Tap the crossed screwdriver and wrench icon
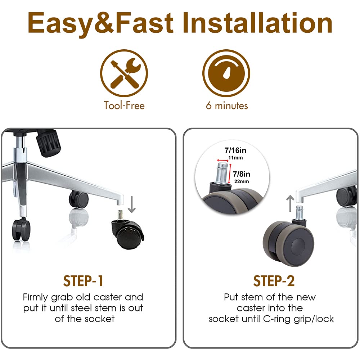click(x=124, y=73)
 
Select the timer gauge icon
click(x=226, y=73)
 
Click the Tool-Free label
click(x=124, y=105)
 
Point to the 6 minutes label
click(x=227, y=105)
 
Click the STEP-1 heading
click(x=83, y=281)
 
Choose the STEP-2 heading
click(x=274, y=281)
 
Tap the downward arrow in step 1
click(x=131, y=204)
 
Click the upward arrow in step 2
click(x=291, y=203)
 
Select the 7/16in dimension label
click(x=235, y=150)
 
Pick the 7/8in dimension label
click(x=242, y=174)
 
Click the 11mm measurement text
click(x=235, y=158)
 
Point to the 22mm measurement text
click(x=242, y=181)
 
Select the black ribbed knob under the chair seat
click(x=48, y=143)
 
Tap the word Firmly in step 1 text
click(x=36, y=298)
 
